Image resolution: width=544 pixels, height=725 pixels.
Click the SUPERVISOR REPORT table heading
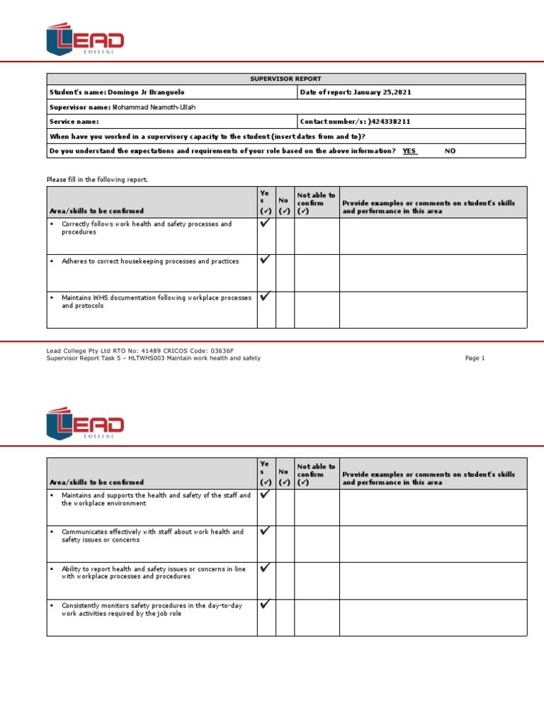pos(286,79)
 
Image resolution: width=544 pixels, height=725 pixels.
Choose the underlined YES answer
pos(409,151)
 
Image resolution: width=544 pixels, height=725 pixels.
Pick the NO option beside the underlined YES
pos(450,151)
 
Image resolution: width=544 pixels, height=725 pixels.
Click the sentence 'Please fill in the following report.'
pos(97,180)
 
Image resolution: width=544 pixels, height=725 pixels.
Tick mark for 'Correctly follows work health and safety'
pos(265,223)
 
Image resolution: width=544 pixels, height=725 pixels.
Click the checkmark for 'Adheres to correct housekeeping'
pos(265,260)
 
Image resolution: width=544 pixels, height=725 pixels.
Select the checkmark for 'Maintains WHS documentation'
pos(265,297)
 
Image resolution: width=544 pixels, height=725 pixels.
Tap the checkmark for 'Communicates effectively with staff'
pos(265,530)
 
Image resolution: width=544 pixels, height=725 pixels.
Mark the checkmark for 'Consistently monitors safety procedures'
pos(265,604)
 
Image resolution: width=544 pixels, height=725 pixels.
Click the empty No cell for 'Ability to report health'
pos(285,581)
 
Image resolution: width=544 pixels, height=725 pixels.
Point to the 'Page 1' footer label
pos(475,358)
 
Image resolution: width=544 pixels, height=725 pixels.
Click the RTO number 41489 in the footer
pos(151,350)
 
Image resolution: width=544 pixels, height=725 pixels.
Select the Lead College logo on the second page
pos(85,423)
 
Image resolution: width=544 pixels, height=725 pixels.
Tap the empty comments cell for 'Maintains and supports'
pos(433,507)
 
